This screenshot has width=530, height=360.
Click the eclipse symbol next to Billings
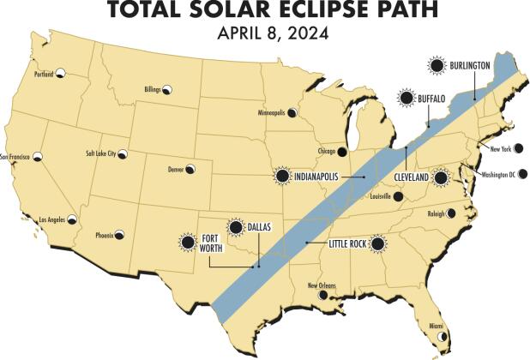(x=168, y=89)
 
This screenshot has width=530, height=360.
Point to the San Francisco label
(x=16, y=157)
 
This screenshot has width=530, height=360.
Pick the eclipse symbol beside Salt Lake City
(x=123, y=155)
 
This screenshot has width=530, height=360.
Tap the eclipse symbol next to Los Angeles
(x=73, y=219)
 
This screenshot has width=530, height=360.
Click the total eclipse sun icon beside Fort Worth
(x=188, y=241)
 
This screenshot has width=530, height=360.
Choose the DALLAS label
(x=258, y=227)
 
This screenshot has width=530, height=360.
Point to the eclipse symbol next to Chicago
(x=341, y=152)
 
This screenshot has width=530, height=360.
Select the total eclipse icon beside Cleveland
(x=441, y=177)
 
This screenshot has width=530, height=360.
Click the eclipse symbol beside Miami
(x=443, y=339)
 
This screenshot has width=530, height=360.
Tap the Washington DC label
(x=497, y=174)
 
